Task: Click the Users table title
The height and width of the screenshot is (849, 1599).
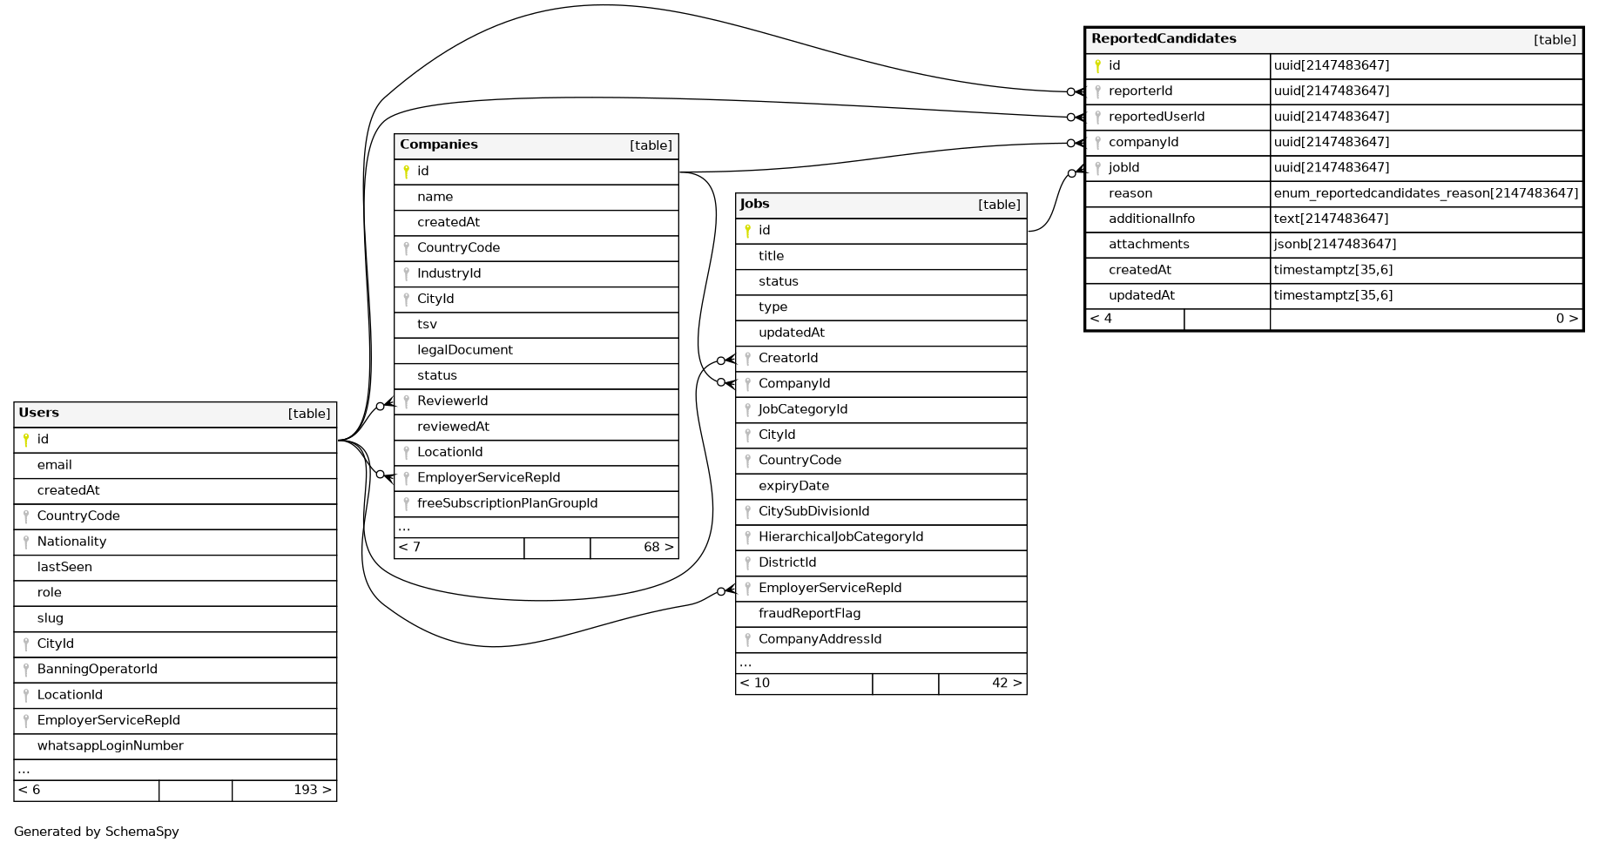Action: click(x=39, y=413)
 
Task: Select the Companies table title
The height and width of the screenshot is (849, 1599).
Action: click(x=439, y=145)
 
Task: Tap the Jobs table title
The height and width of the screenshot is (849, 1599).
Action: click(x=755, y=204)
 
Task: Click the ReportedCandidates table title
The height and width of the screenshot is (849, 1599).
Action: click(x=1164, y=38)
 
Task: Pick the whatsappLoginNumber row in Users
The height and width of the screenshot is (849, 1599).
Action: click(x=111, y=746)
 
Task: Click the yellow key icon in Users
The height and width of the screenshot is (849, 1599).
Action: click(x=26, y=440)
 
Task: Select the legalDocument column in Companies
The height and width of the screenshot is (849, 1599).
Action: click(x=465, y=350)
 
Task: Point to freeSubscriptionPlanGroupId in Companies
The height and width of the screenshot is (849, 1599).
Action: click(x=507, y=503)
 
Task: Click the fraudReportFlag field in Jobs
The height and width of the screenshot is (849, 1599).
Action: click(x=809, y=614)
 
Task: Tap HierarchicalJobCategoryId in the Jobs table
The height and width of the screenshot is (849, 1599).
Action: click(x=840, y=537)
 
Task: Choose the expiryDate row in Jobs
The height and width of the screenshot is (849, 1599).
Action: click(x=793, y=486)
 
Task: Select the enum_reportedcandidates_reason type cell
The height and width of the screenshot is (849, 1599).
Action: click(x=1426, y=193)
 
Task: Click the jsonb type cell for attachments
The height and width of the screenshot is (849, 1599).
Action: click(x=1335, y=245)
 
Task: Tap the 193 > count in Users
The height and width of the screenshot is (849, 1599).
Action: click(x=312, y=791)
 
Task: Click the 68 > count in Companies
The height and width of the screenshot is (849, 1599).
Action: click(x=658, y=548)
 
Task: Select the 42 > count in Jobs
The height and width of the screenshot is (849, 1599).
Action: click(x=1006, y=684)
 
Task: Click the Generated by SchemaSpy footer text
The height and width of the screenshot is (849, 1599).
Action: click(x=97, y=832)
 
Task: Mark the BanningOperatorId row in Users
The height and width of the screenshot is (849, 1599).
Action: click(x=98, y=670)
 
